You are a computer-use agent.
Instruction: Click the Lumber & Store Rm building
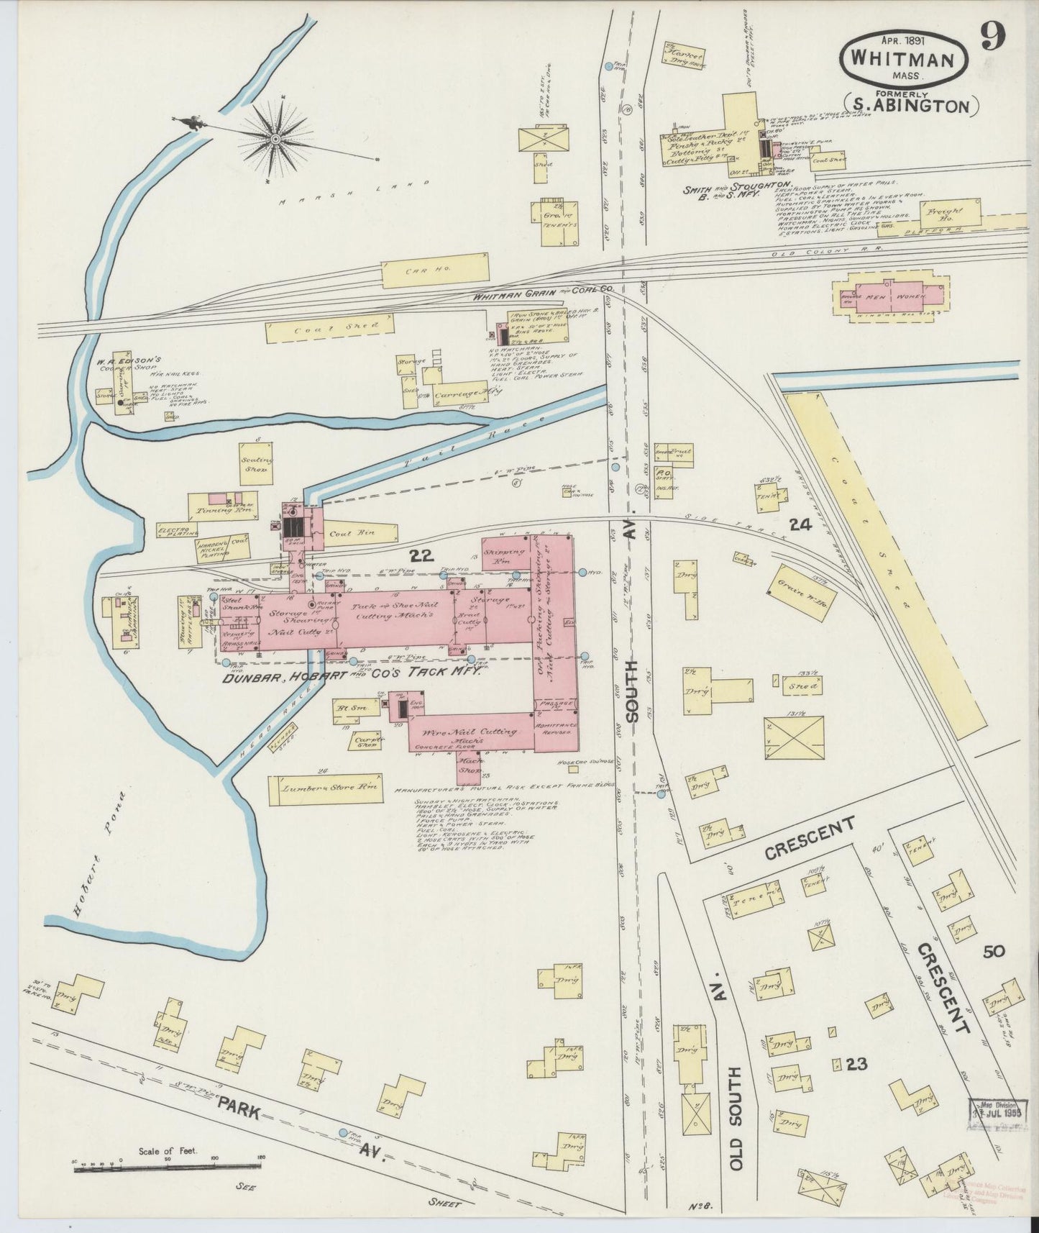pyautogui.click(x=324, y=790)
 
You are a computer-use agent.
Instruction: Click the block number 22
pyautogui.click(x=424, y=555)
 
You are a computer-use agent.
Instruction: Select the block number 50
pyautogui.click(x=994, y=951)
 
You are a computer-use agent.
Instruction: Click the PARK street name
pyautogui.click(x=239, y=1121)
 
